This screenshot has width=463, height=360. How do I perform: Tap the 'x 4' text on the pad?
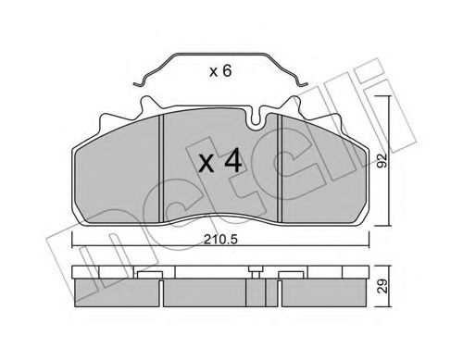(221, 163)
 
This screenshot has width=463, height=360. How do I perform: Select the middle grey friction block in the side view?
(221, 294)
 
